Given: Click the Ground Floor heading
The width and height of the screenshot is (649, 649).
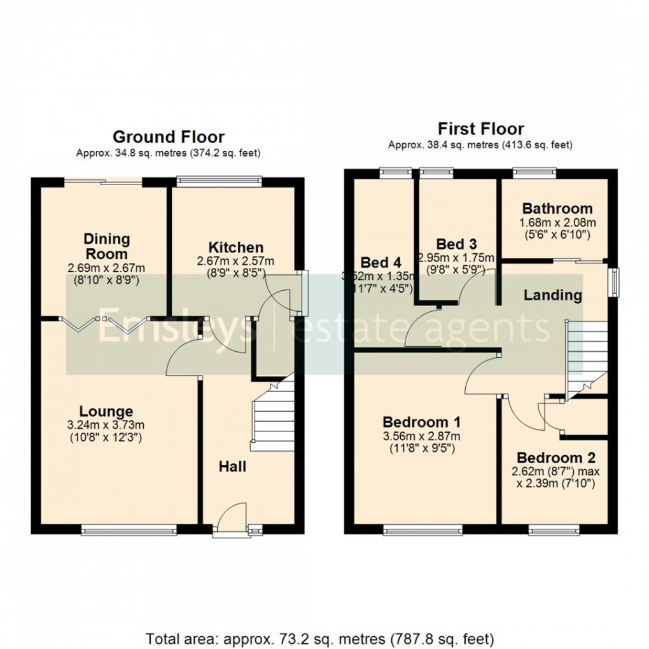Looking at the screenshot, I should click(168, 137).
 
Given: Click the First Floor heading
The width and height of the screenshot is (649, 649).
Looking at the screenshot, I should click(480, 129).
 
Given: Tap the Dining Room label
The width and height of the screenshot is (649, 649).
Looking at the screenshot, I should click(107, 246).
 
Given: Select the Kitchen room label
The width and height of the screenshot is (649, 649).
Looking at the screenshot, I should click(235, 248).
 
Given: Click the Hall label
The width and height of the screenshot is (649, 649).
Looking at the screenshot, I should click(232, 467).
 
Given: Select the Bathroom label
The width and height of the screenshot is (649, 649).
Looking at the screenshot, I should click(557, 209).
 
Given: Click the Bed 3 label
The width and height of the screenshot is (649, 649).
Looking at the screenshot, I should click(456, 244).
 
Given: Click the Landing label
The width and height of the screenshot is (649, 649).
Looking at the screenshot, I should click(552, 295).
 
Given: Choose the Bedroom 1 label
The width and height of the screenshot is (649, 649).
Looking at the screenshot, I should click(422, 422).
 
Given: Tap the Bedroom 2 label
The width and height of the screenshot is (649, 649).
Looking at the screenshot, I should click(558, 458).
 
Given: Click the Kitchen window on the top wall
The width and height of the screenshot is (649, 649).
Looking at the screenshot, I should click(219, 181).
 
